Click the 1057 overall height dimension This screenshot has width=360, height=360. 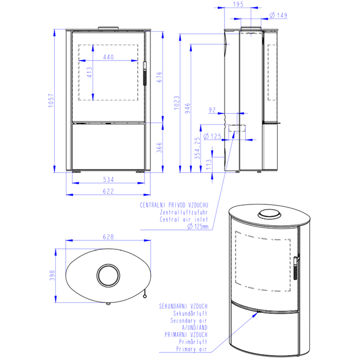tap(51, 100)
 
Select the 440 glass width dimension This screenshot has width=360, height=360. tap(108, 57)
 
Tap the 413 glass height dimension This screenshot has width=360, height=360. tap(89, 72)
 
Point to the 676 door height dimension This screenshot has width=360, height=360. tap(160, 77)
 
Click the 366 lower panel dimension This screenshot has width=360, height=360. tap(160, 147)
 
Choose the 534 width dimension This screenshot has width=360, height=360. tap(108, 179)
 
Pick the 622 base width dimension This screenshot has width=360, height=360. tap(108, 191)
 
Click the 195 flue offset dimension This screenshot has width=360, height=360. tap(238, 4)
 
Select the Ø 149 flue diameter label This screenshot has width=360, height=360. tap(278, 16)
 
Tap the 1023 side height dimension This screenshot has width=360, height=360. tap(177, 103)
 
